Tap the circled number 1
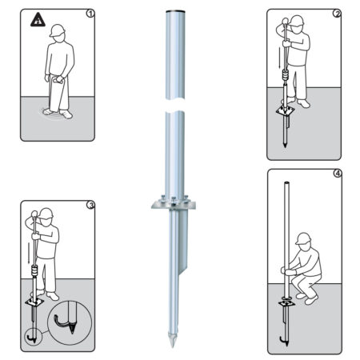point(90,14)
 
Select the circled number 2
point(338,14)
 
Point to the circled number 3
point(90,206)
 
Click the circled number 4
point(338,174)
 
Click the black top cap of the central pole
point(174,10)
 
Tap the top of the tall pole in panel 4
point(287,185)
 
